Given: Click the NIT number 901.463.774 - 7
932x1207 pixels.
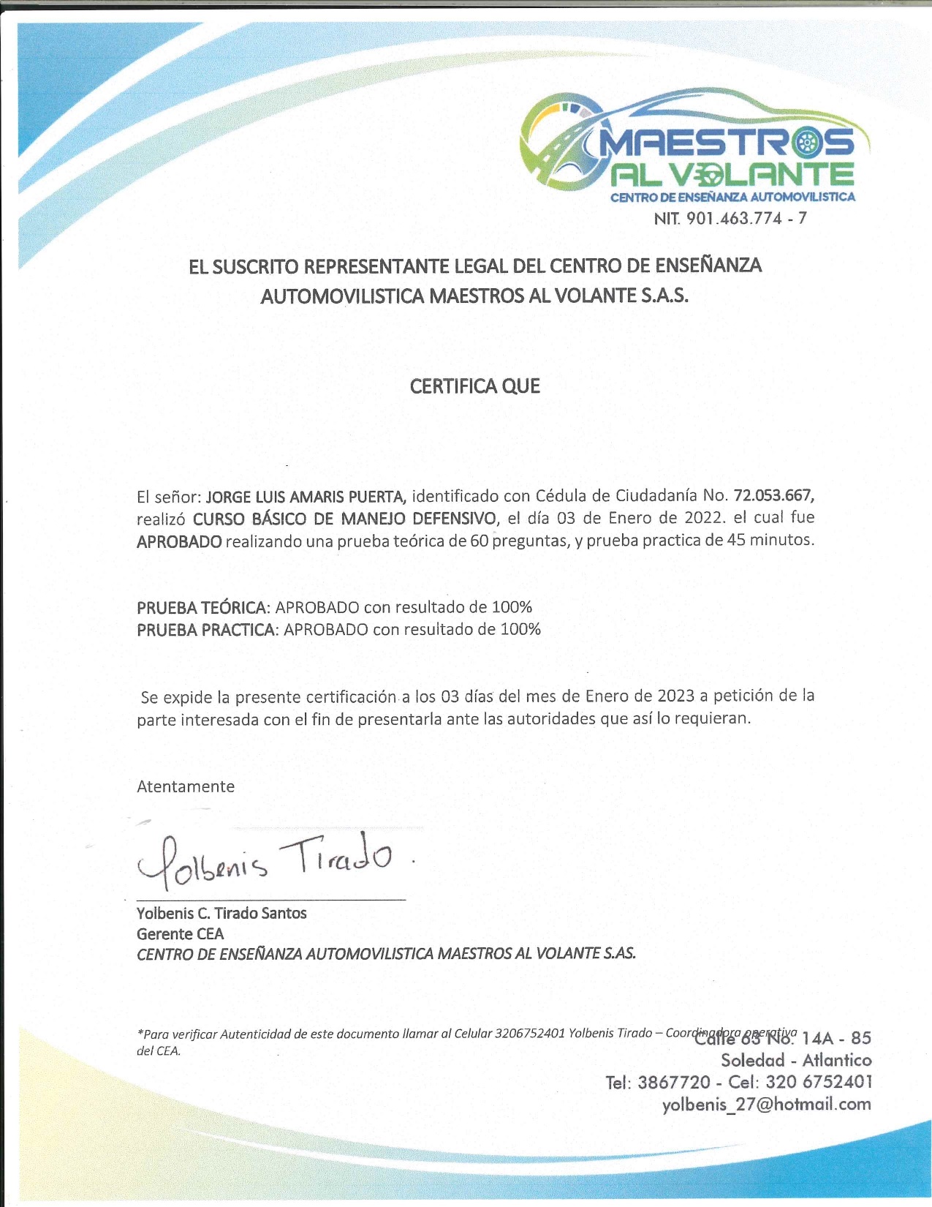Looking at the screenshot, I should [730, 218].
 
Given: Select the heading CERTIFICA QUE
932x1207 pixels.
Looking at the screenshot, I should [474, 386].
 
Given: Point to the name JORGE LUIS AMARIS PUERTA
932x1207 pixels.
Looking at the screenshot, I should [306, 497].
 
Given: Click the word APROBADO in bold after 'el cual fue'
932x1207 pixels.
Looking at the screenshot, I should [179, 542].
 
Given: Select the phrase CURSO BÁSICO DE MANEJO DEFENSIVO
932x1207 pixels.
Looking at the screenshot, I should [344, 519].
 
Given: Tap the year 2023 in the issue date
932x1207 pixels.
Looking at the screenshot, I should [675, 695].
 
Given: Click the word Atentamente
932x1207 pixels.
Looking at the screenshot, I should [186, 786].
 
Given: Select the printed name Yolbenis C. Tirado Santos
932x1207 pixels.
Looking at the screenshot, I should [221, 913].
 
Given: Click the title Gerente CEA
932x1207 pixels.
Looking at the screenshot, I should [180, 934].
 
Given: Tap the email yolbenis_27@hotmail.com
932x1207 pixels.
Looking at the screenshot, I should [766, 1105].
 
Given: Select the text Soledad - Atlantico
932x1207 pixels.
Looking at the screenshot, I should [796, 1060].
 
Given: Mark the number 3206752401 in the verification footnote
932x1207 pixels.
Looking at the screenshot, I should [529, 1034].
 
